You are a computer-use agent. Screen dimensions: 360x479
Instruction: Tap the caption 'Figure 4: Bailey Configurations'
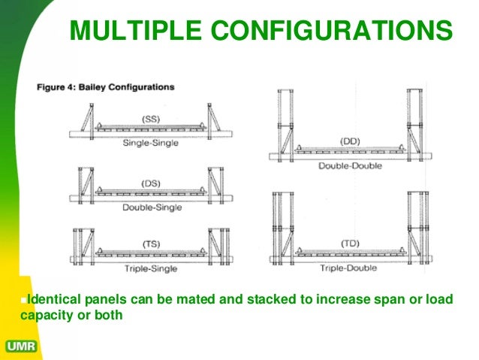(x=106, y=87)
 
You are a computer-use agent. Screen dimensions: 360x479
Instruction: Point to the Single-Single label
(x=151, y=143)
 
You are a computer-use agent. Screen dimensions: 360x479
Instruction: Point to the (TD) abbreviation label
(x=351, y=244)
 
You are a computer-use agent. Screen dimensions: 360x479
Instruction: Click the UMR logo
(x=22, y=347)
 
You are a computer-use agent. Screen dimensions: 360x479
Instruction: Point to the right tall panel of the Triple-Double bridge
(x=417, y=225)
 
